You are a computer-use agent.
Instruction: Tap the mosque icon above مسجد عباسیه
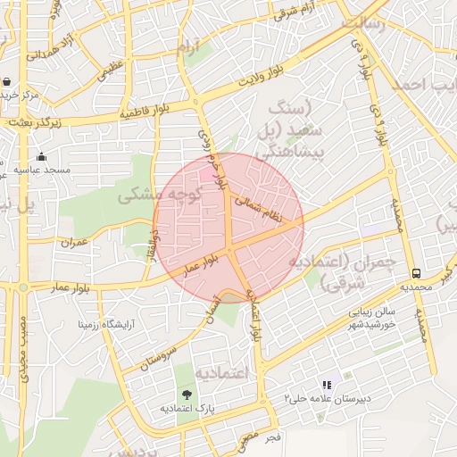[40, 157]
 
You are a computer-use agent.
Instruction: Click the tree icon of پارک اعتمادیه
[187, 394]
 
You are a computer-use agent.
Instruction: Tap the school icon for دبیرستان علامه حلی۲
[328, 386]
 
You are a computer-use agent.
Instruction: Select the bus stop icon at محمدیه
[416, 272]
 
